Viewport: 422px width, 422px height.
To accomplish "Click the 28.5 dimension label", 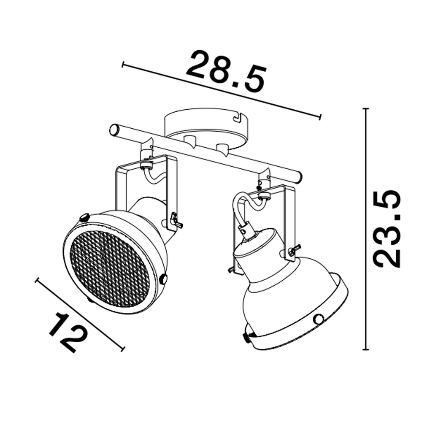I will tap(227, 72).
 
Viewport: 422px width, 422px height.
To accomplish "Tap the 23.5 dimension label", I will tap(387, 229).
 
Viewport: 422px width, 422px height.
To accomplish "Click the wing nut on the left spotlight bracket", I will tap(175, 221).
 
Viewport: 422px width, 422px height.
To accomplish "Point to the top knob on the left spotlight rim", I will tap(84, 218).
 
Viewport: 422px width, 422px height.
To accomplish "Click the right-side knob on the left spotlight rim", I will tap(163, 279).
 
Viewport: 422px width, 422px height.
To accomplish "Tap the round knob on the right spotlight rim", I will tap(319, 319).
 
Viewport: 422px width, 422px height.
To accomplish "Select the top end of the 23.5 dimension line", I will tap(366, 109).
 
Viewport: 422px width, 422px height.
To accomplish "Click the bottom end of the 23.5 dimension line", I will tap(366, 349).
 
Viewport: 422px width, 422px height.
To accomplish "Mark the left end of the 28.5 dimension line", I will tap(123, 65).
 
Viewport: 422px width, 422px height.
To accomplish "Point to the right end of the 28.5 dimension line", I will tap(321, 117).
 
